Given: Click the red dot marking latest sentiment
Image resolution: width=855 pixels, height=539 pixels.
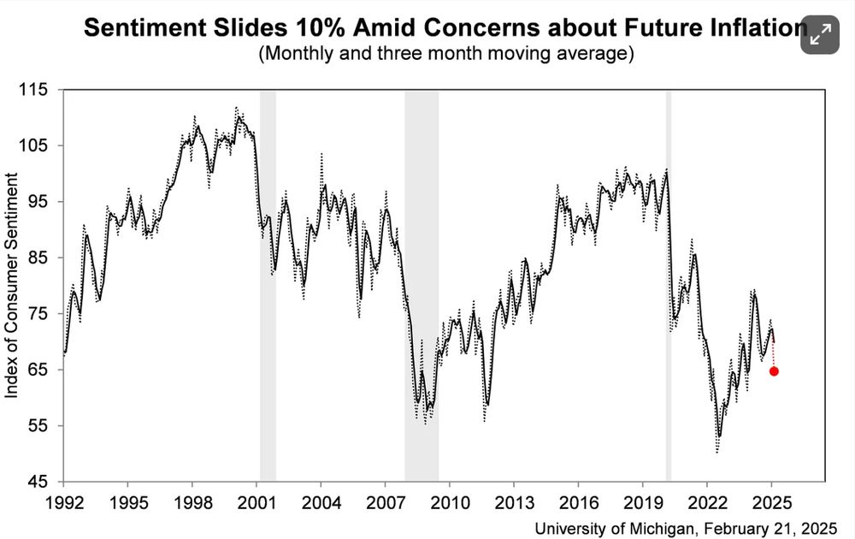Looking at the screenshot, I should pyautogui.click(x=774, y=370).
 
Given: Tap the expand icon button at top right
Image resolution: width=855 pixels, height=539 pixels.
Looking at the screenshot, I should pyautogui.click(x=820, y=34).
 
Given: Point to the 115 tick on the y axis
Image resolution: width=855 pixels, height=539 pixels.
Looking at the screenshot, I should pyautogui.click(x=38, y=89).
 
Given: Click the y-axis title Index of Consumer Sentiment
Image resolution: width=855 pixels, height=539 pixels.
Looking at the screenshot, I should pyautogui.click(x=12, y=284).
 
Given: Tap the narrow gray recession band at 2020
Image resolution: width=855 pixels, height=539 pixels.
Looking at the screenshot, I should pyautogui.click(x=669, y=282).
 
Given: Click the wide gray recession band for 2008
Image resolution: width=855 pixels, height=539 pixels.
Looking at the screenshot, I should pyautogui.click(x=422, y=282).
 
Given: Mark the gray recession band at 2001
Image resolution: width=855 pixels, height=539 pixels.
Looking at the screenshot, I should pyautogui.click(x=268, y=282).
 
